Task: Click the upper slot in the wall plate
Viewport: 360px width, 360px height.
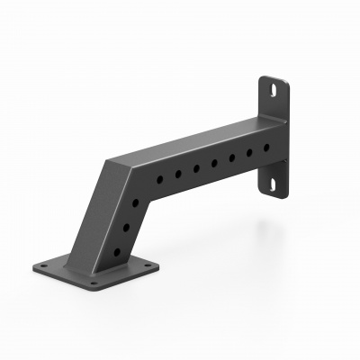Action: point(271,89)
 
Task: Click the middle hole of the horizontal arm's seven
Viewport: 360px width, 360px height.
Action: point(214,163)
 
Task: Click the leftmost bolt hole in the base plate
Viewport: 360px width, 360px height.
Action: point(43,265)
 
